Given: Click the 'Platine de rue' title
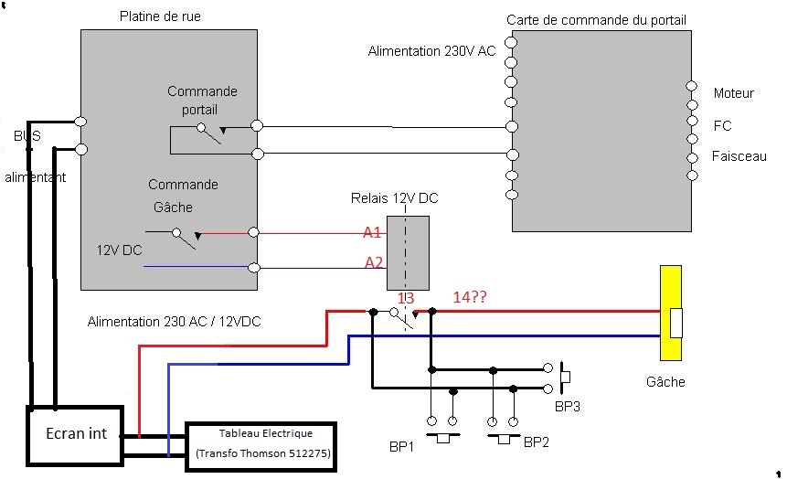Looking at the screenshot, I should point(160,17).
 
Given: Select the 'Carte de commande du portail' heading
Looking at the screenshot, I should point(596,20).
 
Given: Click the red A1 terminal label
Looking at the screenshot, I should point(372,232).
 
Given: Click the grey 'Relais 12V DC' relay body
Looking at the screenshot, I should point(408,252).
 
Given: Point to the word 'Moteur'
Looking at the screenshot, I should point(733,93).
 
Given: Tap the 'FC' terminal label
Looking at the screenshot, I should point(722,125).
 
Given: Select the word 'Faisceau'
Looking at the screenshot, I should point(739,156).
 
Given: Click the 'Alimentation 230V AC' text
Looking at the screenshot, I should point(431,52).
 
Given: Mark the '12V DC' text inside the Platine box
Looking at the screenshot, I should point(119,249).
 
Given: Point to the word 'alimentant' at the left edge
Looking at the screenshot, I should point(36,177).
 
